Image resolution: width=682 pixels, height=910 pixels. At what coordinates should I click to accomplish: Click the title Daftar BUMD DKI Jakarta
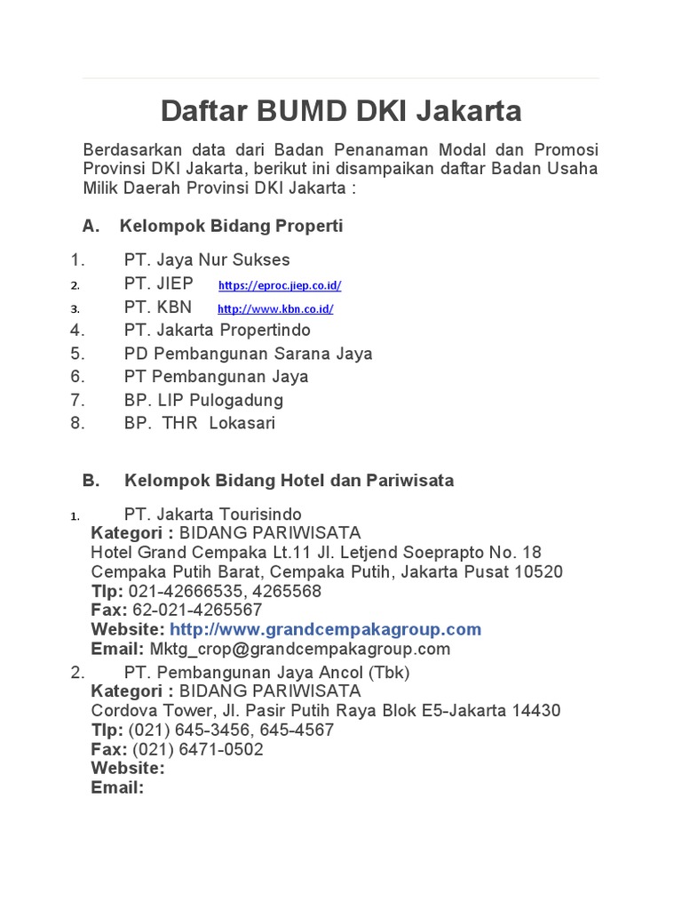341,111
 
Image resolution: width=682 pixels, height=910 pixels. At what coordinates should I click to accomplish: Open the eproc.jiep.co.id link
279,285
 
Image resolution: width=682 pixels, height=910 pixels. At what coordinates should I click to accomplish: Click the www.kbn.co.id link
275,309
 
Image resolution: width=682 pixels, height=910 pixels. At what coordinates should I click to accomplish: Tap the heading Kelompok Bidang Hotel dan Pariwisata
289,480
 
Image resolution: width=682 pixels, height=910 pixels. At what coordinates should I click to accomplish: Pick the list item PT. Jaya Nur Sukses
207,260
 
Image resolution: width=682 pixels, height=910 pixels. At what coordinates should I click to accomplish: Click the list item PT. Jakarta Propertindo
218,330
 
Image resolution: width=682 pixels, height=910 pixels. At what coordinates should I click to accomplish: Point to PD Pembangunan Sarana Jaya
248,353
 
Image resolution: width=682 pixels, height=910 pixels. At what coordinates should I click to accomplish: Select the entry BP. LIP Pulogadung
203,400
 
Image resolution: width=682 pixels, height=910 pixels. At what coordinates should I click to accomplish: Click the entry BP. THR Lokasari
200,423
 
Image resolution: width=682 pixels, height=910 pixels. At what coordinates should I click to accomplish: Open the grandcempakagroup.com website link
325,629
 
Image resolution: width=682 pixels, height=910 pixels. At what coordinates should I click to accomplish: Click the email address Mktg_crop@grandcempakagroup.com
299,649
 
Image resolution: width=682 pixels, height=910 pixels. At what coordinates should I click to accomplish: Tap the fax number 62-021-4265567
197,610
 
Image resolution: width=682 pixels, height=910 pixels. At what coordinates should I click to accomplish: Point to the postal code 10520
538,571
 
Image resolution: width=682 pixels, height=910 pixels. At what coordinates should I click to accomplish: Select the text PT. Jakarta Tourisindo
212,515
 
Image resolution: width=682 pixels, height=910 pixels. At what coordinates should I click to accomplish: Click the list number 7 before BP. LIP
77,400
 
